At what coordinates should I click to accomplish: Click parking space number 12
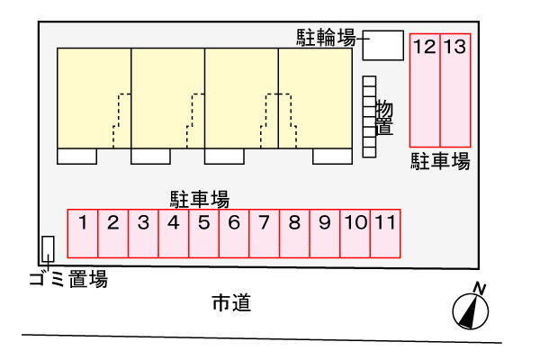(425, 90)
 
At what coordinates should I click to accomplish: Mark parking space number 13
(455, 90)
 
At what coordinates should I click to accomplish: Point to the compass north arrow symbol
(471, 307)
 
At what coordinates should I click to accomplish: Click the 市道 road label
(231, 303)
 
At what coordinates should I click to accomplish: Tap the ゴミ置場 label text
(67, 281)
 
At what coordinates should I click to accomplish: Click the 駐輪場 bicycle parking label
(326, 38)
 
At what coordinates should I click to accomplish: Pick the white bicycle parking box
(382, 44)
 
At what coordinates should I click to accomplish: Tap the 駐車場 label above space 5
(200, 198)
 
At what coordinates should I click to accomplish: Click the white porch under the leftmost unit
(76, 157)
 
